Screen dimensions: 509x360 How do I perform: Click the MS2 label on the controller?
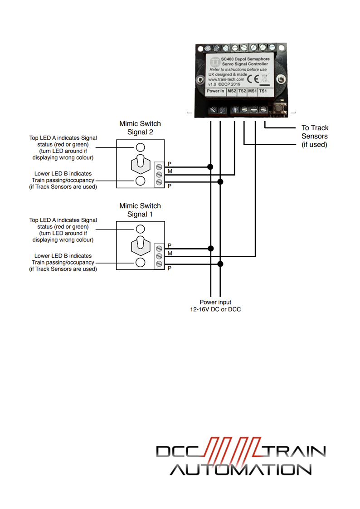pyautogui.click(x=232, y=91)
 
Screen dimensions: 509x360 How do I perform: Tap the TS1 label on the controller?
pyautogui.click(x=263, y=91)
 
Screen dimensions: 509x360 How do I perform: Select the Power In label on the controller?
pyautogui.click(x=215, y=91)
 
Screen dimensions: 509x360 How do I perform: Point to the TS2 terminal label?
pyautogui.click(x=243, y=91)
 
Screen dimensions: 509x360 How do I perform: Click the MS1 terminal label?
pyautogui.click(x=253, y=91)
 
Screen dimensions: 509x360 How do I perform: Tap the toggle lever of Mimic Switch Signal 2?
pyautogui.click(x=140, y=163)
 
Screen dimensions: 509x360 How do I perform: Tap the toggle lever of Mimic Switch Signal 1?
pyautogui.click(x=140, y=245)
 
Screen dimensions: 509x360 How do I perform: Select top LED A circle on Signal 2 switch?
pyautogui.click(x=141, y=147)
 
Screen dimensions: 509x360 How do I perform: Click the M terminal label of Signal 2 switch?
pyautogui.click(x=170, y=171)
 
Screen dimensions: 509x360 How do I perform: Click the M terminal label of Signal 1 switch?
pyautogui.click(x=170, y=253)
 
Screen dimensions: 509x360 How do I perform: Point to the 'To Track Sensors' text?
pyautogui.click(x=315, y=136)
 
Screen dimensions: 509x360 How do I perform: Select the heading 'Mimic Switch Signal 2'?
pyautogui.click(x=140, y=127)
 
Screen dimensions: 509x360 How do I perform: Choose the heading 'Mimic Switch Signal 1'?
pyautogui.click(x=140, y=210)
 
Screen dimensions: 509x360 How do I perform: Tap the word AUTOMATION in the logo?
pyautogui.click(x=241, y=469)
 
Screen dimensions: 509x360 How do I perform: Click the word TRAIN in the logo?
pyautogui.click(x=295, y=451)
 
